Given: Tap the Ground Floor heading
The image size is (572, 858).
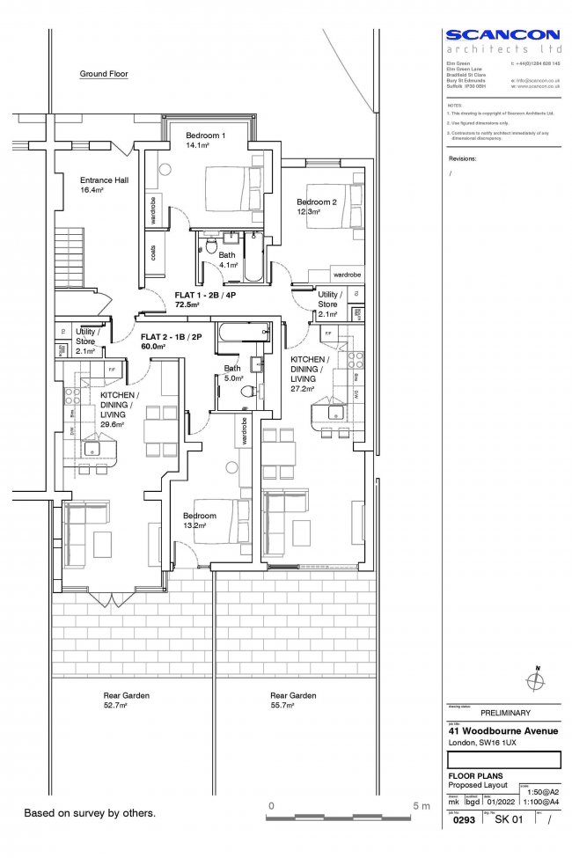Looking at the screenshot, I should click(x=104, y=75).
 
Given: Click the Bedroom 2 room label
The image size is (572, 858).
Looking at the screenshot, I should click(x=316, y=202).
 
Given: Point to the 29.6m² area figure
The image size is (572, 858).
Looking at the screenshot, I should click(x=112, y=423).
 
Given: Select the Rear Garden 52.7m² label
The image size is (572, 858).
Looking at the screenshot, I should click(x=126, y=700).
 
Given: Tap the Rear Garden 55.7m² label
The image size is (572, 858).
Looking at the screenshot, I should click(x=293, y=700).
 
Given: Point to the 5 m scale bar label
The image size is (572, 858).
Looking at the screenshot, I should click(x=420, y=805).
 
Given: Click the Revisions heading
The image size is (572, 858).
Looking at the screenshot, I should click(x=462, y=159).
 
